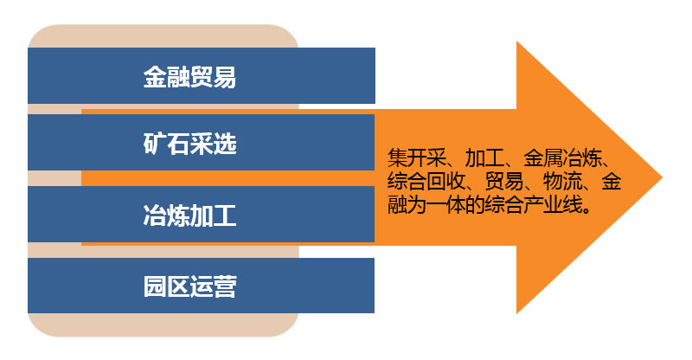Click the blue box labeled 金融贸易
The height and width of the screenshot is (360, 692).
202,75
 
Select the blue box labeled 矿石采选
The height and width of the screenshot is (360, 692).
202,142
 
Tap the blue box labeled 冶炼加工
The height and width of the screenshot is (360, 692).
202,215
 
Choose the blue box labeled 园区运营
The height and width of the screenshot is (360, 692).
202,286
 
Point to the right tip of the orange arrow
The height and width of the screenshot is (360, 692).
663,177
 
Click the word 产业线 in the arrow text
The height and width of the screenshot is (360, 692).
553,205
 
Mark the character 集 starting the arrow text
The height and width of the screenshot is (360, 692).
397,158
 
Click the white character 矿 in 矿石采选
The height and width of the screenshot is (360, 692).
155,144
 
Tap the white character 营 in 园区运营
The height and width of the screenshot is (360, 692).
225,286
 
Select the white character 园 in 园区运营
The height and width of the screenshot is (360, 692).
155,286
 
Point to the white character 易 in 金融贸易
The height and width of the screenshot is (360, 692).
225,77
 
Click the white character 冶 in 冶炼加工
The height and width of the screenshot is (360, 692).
155,215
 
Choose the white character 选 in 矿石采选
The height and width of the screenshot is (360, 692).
225,144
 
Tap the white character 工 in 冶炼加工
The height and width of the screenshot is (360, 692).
225,215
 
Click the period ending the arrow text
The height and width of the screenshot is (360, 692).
587,209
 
